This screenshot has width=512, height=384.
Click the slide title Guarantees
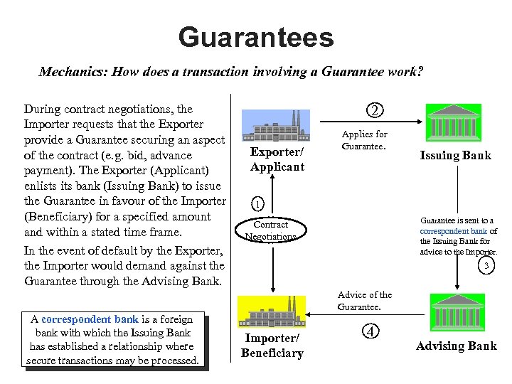tap(256, 37)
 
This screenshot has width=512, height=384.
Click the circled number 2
tap(374, 110)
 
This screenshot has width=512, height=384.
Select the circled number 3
tap(486, 266)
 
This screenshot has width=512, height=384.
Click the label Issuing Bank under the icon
tap(455, 156)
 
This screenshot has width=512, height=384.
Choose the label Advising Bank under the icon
tap(457, 346)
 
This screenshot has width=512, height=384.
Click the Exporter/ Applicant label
tap(277, 159)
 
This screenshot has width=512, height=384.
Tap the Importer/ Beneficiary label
tap(272, 346)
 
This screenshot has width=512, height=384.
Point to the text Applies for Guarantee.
tap(364, 139)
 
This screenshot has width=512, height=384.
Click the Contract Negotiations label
tap(271, 230)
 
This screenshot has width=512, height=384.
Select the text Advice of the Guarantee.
tap(364, 301)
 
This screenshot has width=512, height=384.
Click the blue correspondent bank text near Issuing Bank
tap(454, 231)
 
